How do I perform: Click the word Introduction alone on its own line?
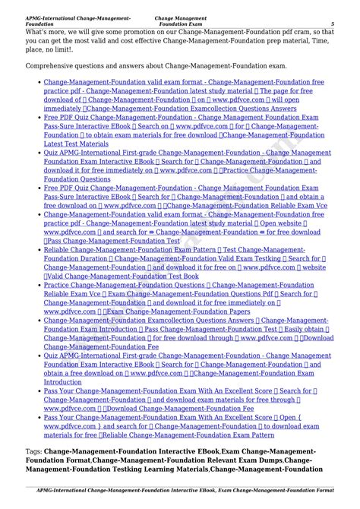pyautogui.click(x=63, y=382)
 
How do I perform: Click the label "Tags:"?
pyautogui.click(x=33, y=452)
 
